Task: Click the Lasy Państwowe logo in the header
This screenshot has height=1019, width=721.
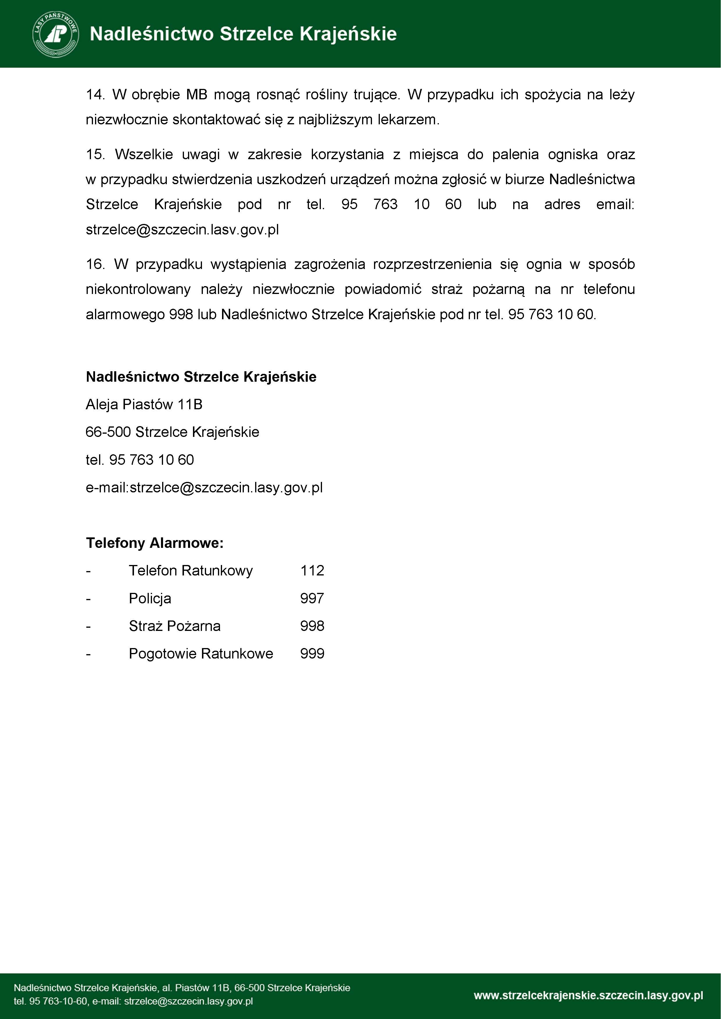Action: click(x=56, y=34)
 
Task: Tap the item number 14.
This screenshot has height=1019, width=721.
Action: click(x=94, y=94)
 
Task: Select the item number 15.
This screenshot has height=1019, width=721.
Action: click(x=94, y=155)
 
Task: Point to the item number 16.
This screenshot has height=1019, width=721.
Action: click(x=94, y=264)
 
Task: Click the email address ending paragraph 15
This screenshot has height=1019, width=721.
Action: click(x=182, y=229)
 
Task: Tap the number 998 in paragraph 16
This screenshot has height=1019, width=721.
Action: click(x=181, y=314)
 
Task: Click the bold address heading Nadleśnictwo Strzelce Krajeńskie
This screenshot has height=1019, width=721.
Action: click(x=201, y=377)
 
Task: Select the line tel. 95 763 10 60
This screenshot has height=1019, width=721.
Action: click(x=139, y=460)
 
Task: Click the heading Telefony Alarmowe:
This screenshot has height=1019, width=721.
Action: click(x=155, y=543)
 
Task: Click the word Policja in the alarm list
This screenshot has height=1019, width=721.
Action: click(x=150, y=598)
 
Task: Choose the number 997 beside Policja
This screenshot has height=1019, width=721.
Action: click(x=312, y=598)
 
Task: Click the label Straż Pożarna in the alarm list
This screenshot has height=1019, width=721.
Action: click(x=174, y=626)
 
